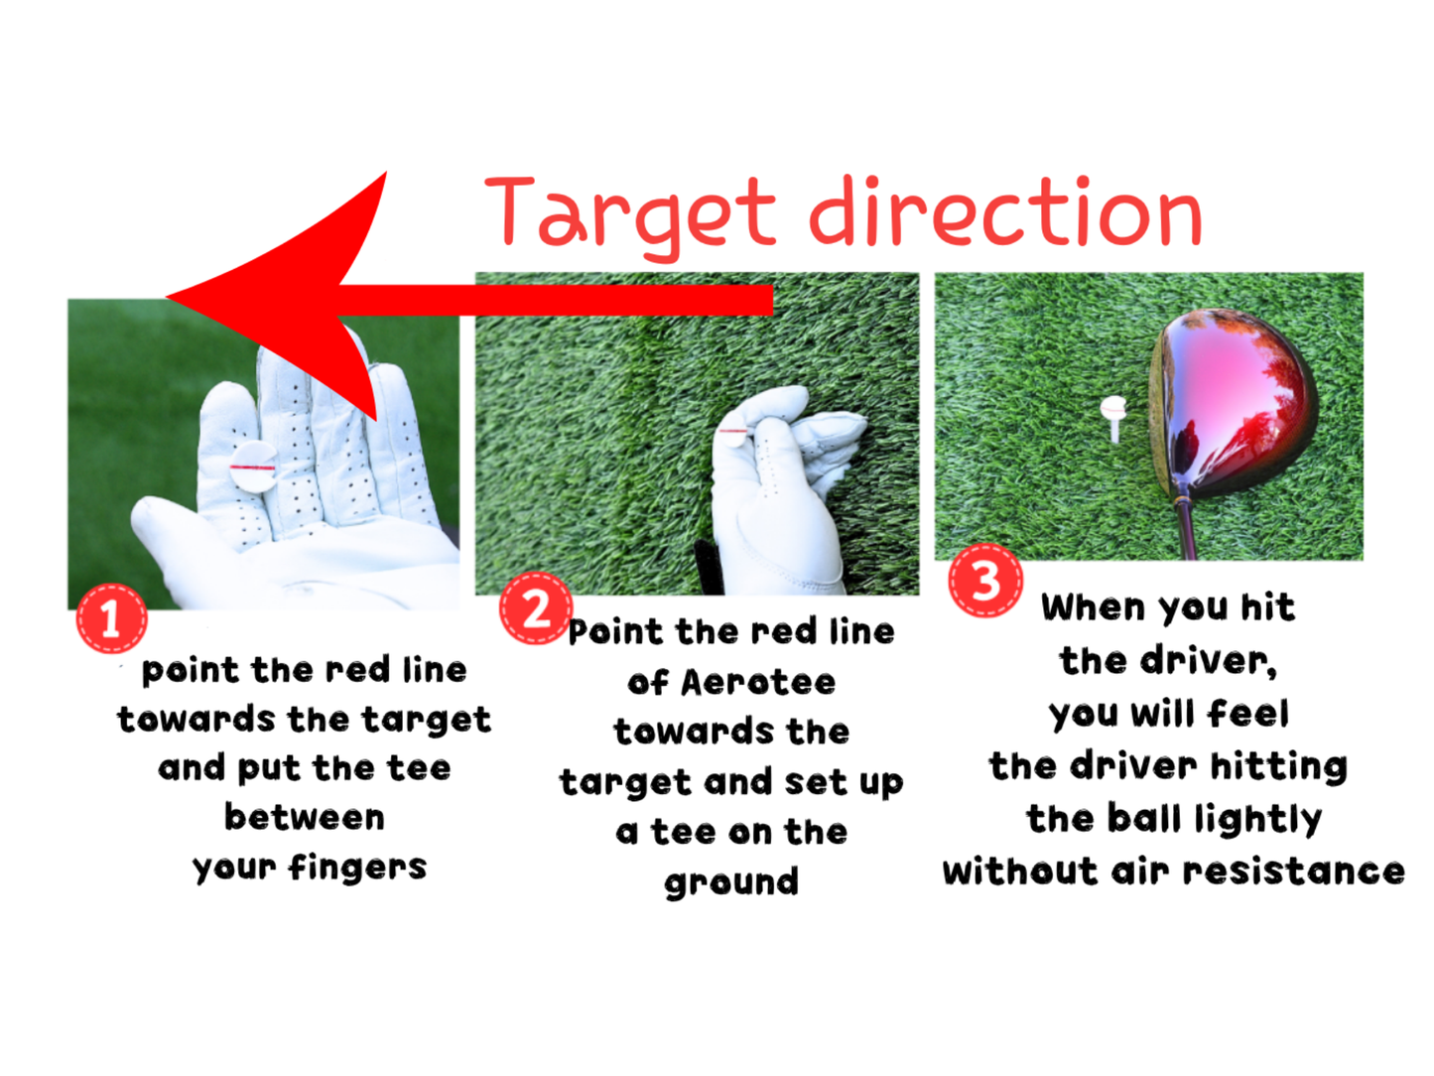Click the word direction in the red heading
click(1005, 213)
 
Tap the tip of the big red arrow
click(171, 296)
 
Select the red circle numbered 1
click(111, 619)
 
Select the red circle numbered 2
click(536, 607)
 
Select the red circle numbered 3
click(985, 581)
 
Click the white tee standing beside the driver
click(1113, 415)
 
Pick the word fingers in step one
click(357, 869)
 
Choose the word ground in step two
click(731, 882)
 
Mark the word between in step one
click(305, 818)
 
